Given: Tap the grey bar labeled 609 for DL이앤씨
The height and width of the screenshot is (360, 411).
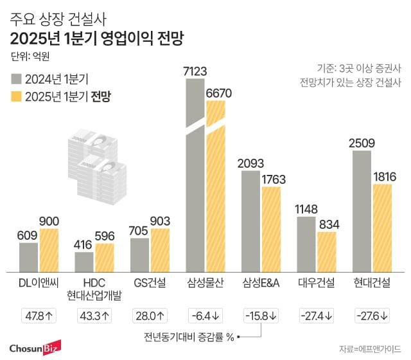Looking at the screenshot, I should click(x=28, y=256).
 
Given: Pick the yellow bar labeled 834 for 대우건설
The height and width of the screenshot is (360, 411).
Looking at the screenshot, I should click(x=327, y=251).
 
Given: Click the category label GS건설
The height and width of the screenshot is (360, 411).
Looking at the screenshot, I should click(x=150, y=283).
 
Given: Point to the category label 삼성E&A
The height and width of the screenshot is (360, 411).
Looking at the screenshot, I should click(x=261, y=283).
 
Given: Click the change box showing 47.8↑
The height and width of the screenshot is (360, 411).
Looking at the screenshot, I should click(x=38, y=316).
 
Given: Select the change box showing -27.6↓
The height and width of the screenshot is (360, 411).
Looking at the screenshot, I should click(x=373, y=316).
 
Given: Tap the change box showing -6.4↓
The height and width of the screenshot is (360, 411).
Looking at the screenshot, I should click(x=205, y=316).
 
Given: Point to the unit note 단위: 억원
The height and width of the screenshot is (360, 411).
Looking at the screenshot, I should click(x=30, y=56).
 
